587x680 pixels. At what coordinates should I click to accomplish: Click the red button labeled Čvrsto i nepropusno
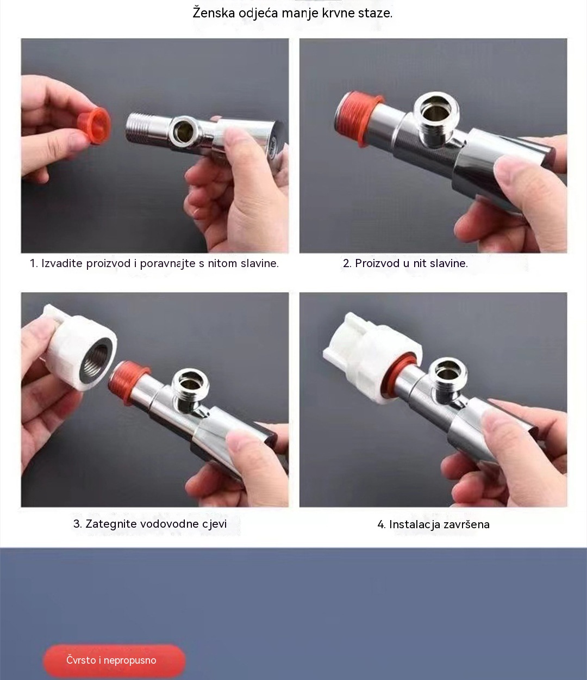[114, 660]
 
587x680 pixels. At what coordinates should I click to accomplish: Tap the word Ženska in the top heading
[214, 13]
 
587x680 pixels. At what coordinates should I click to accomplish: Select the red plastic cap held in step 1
[95, 126]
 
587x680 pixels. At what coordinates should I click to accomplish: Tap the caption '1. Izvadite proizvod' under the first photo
[80, 263]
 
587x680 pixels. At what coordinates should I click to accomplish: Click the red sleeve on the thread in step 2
[357, 118]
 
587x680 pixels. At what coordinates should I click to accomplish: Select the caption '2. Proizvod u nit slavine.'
[405, 263]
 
